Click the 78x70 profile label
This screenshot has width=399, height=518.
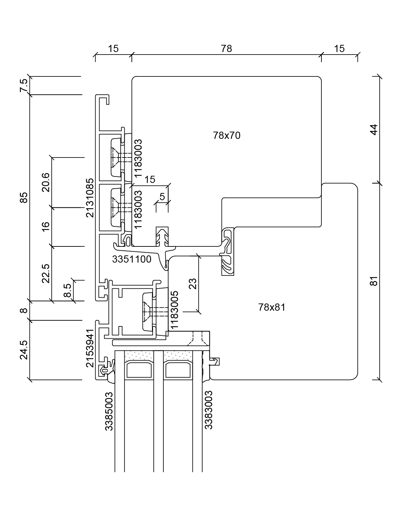[x=227, y=136]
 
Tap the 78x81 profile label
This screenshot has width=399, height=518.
[x=272, y=307]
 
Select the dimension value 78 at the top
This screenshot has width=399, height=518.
[x=227, y=48]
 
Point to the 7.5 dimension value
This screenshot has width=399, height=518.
[x=24, y=86]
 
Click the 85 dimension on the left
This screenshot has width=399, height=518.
[x=24, y=198]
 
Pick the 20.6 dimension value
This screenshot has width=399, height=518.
[x=46, y=182]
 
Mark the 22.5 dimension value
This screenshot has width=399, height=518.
[x=46, y=273]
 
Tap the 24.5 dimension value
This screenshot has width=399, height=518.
[x=24, y=350]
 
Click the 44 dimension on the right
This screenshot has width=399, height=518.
[x=374, y=129]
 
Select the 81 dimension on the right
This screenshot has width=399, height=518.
[x=374, y=281]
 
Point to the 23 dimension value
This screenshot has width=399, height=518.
[x=193, y=284]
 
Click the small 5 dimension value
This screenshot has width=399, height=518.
[x=162, y=197]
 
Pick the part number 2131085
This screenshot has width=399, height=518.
[x=90, y=198]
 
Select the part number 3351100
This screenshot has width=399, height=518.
[x=131, y=259]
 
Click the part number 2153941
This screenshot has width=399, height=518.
[x=90, y=348]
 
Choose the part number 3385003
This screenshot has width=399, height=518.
[x=109, y=411]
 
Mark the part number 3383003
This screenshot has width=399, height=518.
[x=209, y=410]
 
